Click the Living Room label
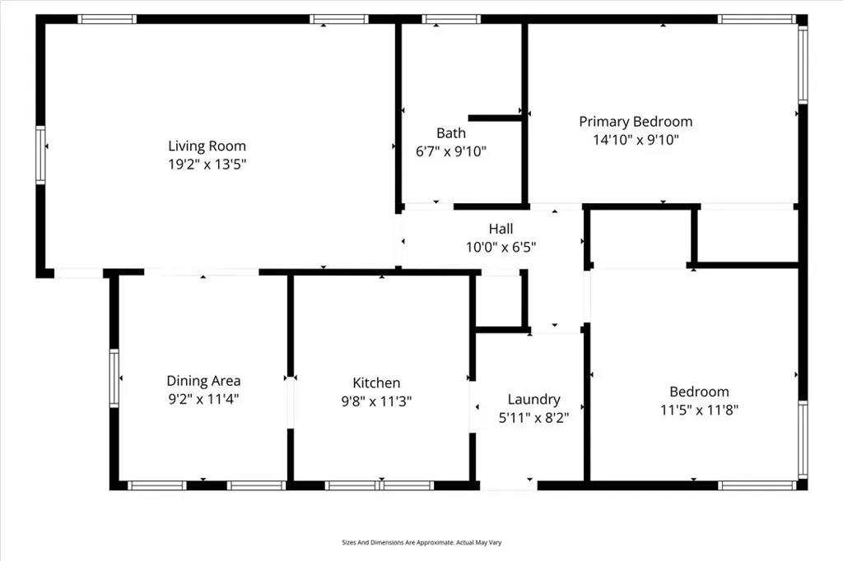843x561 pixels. (207, 146)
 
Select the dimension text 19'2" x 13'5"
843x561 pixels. (207, 164)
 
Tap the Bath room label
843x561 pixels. (451, 132)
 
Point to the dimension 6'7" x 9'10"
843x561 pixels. (451, 151)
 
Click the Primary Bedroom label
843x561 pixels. (636, 122)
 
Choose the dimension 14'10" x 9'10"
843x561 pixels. (636, 140)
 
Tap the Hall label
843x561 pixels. (501, 229)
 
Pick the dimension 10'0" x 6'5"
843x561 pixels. (501, 246)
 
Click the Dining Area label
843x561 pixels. (203, 380)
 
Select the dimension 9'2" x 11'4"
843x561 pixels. (203, 399)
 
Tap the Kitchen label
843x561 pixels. (376, 382)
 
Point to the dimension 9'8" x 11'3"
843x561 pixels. (376, 401)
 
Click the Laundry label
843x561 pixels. (533, 399)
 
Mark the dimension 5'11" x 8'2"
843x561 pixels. (533, 417)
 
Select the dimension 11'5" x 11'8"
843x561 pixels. (698, 410)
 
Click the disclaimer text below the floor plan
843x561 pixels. (421, 542)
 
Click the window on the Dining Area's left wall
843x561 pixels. (114, 378)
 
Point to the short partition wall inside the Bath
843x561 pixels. (495, 118)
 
